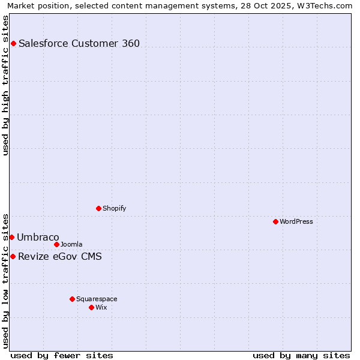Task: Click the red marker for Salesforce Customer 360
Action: pyautogui.click(x=13, y=43)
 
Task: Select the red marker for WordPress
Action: pyautogui.click(x=275, y=221)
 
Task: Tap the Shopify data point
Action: pyautogui.click(x=98, y=208)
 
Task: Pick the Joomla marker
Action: pyautogui.click(x=56, y=244)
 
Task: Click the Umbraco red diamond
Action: pyautogui.click(x=11, y=237)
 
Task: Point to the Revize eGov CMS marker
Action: pyautogui.click(x=13, y=256)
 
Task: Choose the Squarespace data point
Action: pyautogui.click(x=72, y=299)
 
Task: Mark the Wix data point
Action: pyautogui.click(x=91, y=307)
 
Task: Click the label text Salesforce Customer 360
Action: pyautogui.click(x=79, y=43)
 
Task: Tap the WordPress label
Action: pyautogui.click(x=296, y=221)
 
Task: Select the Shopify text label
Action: pyautogui.click(x=114, y=208)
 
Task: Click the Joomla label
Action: pyautogui.click(x=71, y=244)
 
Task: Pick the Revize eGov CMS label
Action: pyautogui.click(x=60, y=257)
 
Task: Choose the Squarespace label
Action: pyautogui.click(x=97, y=299)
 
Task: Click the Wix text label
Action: pyautogui.click(x=101, y=307)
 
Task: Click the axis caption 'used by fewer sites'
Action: pyautogui.click(x=62, y=355)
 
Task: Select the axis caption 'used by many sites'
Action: pyautogui.click(x=301, y=355)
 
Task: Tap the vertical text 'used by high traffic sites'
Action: pyautogui.click(x=6, y=85)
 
